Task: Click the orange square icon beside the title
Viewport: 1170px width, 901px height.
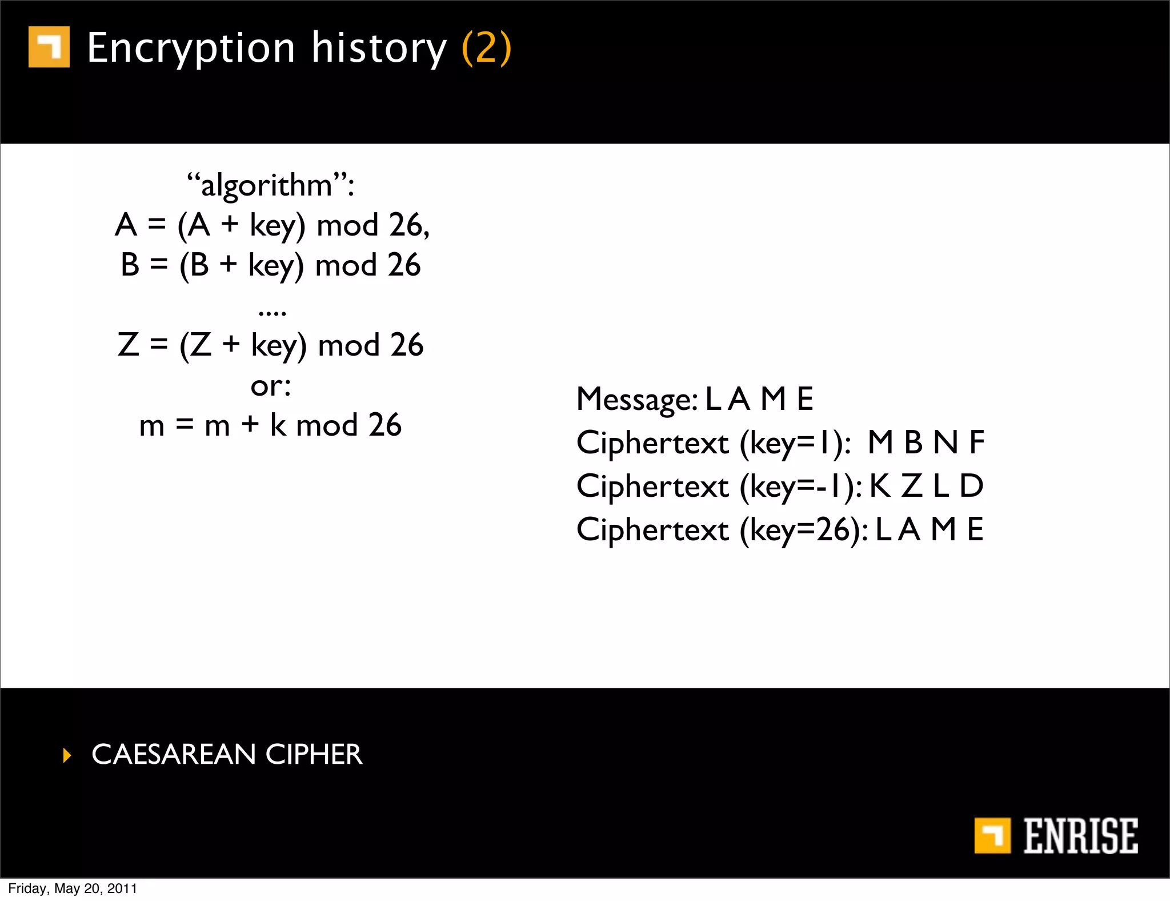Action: (49, 47)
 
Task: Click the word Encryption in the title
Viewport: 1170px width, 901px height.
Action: (191, 49)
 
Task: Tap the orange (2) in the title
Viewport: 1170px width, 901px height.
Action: (486, 49)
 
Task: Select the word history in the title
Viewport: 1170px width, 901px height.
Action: (378, 49)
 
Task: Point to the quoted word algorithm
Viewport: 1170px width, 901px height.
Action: (267, 186)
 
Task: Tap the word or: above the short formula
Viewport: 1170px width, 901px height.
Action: (271, 386)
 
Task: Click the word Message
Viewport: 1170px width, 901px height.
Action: (636, 399)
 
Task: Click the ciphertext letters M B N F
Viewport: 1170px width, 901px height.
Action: (925, 442)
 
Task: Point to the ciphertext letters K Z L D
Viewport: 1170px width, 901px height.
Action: (925, 486)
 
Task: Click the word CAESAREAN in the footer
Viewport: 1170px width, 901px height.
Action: (174, 755)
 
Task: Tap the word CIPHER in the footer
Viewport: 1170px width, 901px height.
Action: (314, 755)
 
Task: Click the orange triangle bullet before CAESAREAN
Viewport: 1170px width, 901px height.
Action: (67, 755)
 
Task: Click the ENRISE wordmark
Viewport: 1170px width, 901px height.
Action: (1080, 836)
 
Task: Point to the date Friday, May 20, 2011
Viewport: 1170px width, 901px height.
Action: (73, 888)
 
